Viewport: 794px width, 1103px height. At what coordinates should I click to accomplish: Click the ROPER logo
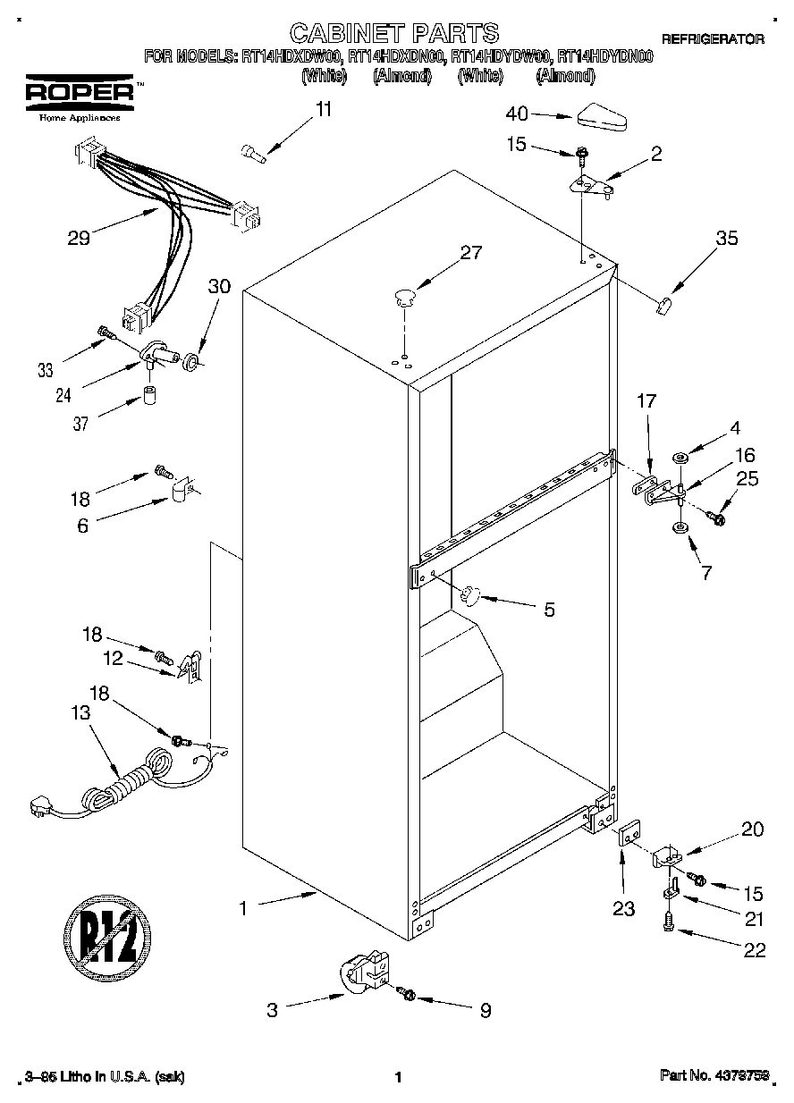point(79,92)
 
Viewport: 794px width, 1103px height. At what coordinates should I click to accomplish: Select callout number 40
point(517,114)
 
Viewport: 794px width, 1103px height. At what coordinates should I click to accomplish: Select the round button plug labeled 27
point(404,295)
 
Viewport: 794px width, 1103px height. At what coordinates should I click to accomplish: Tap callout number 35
point(726,239)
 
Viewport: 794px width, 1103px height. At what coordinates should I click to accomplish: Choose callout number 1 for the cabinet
point(241,908)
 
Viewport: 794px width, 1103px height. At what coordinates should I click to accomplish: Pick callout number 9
point(485,1010)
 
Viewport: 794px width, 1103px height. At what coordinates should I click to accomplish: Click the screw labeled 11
point(254,154)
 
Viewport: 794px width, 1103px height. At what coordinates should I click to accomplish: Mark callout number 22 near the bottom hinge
point(755,949)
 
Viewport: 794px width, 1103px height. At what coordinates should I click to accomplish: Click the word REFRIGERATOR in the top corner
point(713,38)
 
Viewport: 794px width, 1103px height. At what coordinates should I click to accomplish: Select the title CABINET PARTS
point(394,34)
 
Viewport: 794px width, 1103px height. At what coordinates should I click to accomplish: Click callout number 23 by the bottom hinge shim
point(623,908)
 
